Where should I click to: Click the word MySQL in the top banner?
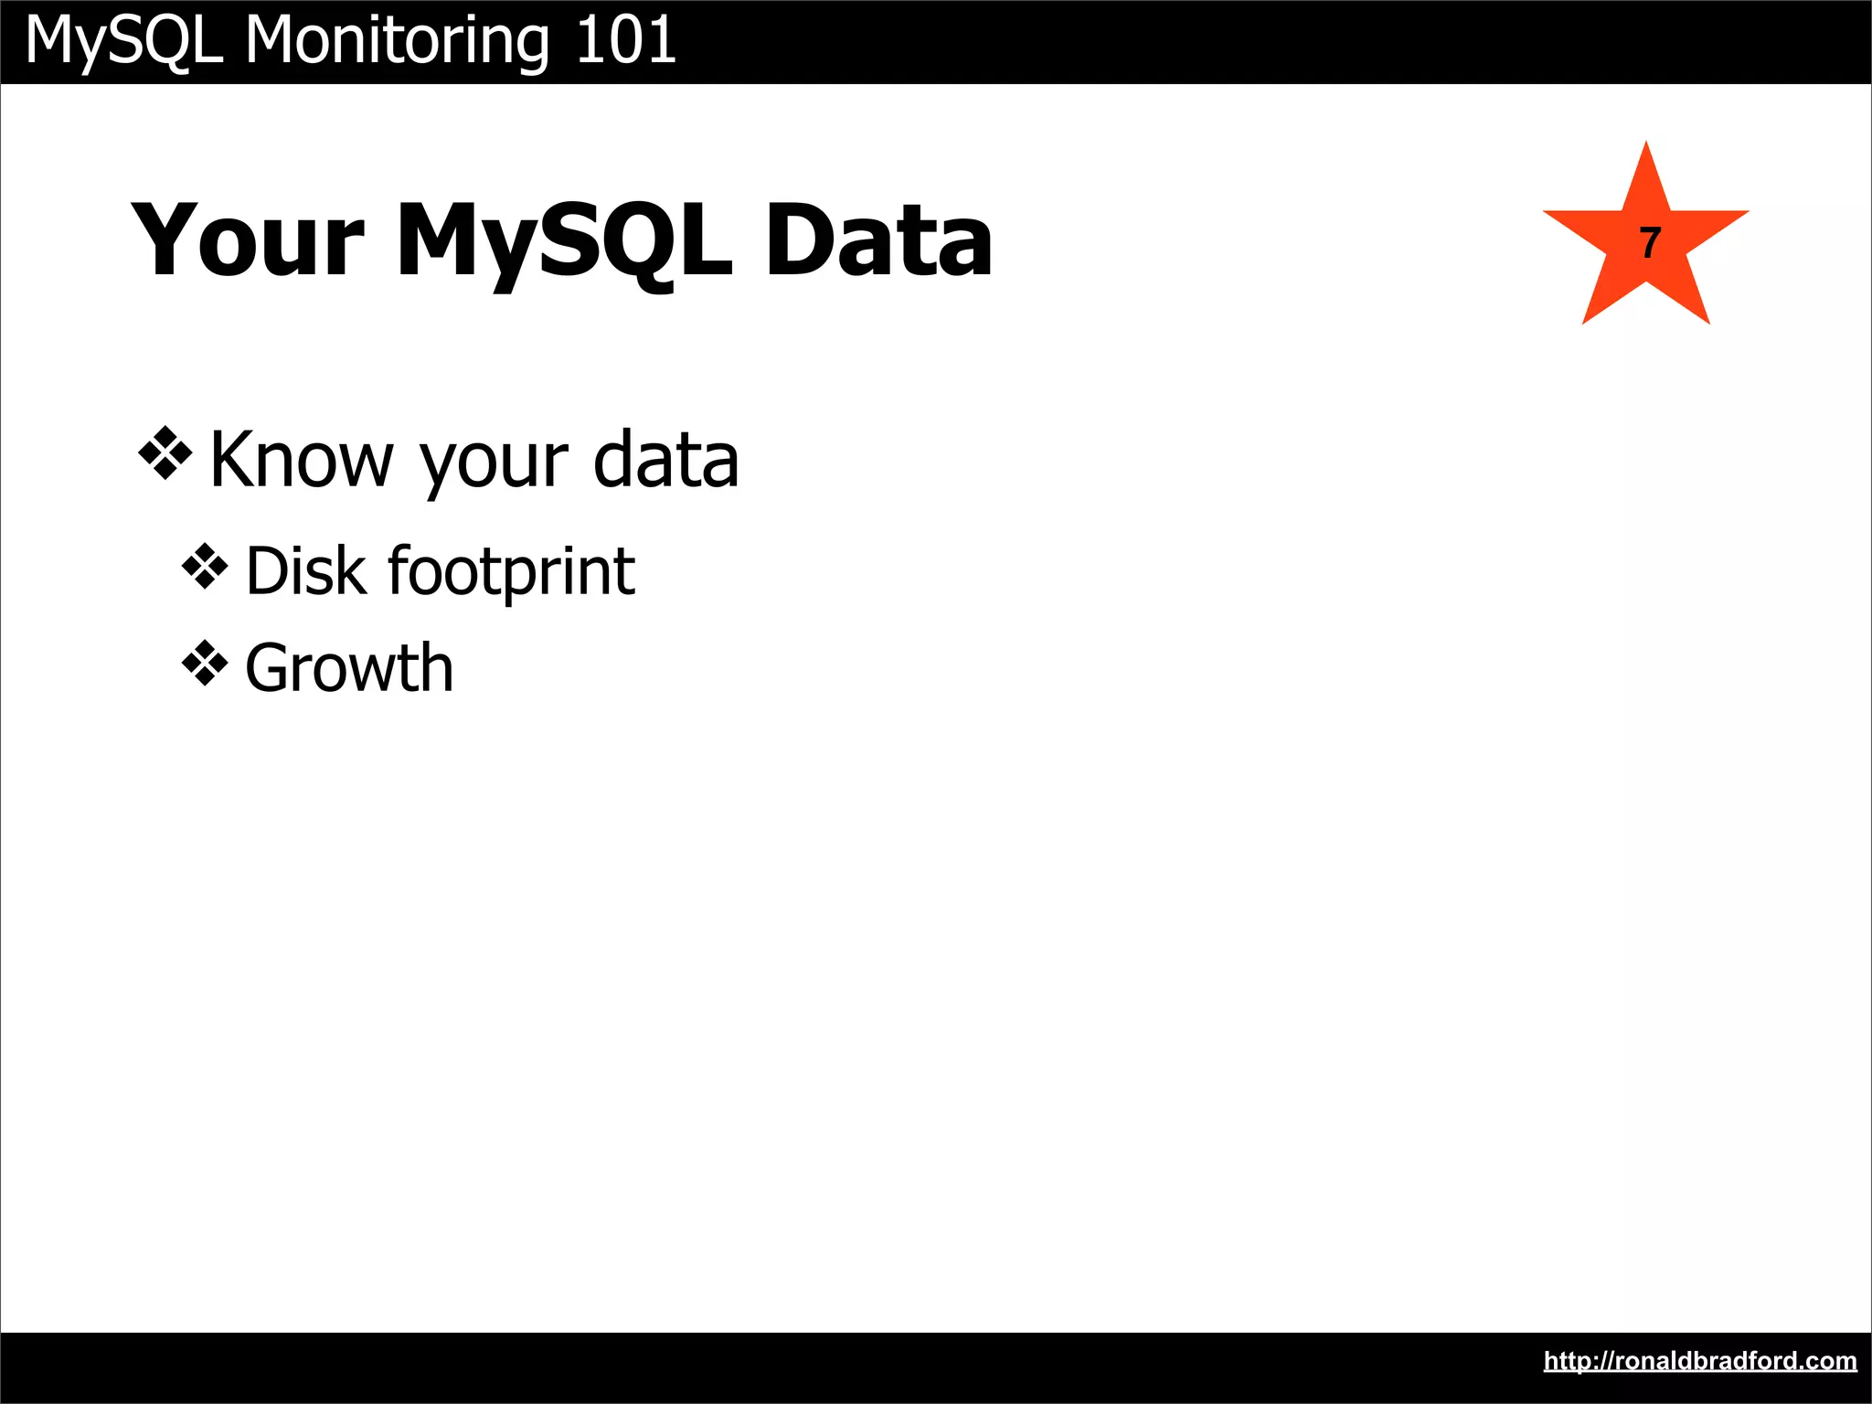coord(124,41)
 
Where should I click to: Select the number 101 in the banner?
coord(626,41)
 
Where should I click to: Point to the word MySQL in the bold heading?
coord(564,240)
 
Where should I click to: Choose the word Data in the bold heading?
coord(878,240)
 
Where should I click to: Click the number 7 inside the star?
coord(1649,243)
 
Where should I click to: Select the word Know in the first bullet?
coord(301,460)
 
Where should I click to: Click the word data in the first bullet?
coord(665,460)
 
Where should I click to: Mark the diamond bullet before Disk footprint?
coord(205,568)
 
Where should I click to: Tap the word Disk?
coord(306,571)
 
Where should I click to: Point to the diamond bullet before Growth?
coord(205,664)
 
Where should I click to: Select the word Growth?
coord(349,668)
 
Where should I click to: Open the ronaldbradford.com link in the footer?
coord(1700,1361)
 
